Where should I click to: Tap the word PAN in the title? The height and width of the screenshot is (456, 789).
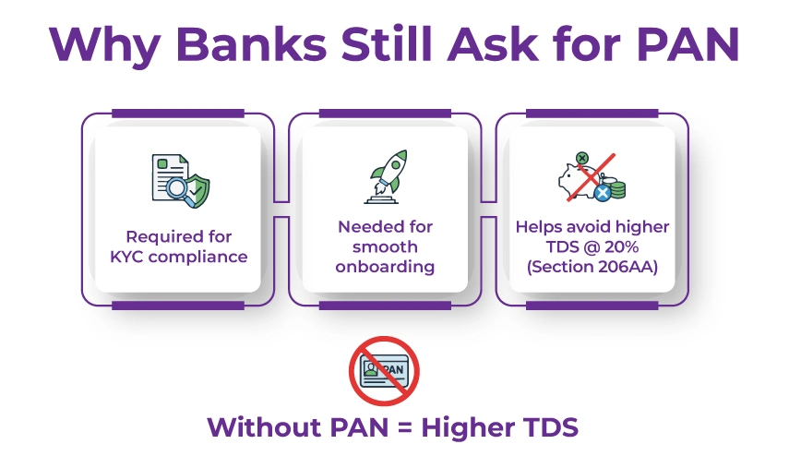674,44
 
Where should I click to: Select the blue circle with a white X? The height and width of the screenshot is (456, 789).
602,192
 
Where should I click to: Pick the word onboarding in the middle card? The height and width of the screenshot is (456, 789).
386,267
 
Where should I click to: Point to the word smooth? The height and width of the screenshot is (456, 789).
386,246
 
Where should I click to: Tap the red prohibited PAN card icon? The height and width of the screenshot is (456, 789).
385,370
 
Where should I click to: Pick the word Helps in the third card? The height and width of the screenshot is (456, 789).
539,226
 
